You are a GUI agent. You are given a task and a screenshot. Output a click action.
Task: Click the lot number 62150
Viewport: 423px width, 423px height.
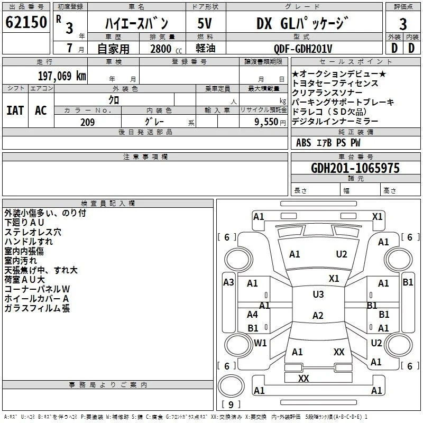pyautogui.click(x=26, y=22)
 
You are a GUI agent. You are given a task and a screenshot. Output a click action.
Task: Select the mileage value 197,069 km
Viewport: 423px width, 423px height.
pyautogui.click(x=62, y=76)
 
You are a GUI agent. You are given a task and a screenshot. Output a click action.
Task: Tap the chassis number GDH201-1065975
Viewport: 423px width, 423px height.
pyautogui.click(x=355, y=168)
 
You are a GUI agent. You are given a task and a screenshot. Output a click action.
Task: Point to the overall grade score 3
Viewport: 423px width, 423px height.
pyautogui.click(x=403, y=24)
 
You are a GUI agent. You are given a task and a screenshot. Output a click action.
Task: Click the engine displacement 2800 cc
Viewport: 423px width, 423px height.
pyautogui.click(x=166, y=49)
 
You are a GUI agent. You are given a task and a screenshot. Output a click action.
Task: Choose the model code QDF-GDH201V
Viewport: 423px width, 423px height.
pyautogui.click(x=302, y=49)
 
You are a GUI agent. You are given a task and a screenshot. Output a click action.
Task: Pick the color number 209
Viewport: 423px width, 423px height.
pyautogui.click(x=87, y=122)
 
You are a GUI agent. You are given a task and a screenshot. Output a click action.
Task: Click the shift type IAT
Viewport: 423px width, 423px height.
pyautogui.click(x=15, y=111)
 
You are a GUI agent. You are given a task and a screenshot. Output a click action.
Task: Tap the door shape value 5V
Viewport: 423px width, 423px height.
pyautogui.click(x=205, y=23)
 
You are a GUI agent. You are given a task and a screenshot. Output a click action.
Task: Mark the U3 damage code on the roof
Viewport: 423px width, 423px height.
pyautogui.click(x=318, y=294)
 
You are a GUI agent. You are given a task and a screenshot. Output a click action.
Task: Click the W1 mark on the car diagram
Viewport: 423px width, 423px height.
pyautogui.click(x=260, y=343)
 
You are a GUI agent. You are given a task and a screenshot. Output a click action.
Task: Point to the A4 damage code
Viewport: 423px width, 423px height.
pyautogui.click(x=252, y=314)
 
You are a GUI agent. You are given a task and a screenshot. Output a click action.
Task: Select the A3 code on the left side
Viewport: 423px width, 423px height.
pyautogui.click(x=228, y=282)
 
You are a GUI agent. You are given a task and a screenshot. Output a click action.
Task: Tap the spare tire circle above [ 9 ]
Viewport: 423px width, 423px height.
pyautogui.click(x=231, y=386)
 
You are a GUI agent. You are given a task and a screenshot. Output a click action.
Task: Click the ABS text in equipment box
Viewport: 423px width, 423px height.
pyautogui.click(x=304, y=143)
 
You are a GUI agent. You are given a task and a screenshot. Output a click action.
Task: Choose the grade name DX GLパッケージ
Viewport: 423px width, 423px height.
pyautogui.click(x=302, y=23)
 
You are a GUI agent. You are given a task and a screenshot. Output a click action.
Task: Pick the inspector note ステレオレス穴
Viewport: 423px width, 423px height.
pyautogui.click(x=33, y=232)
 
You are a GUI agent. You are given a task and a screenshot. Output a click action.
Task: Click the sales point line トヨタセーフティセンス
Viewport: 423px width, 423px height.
pyautogui.click(x=335, y=84)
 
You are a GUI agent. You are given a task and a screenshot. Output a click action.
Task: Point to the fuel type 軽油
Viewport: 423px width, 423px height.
pyautogui.click(x=206, y=48)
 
